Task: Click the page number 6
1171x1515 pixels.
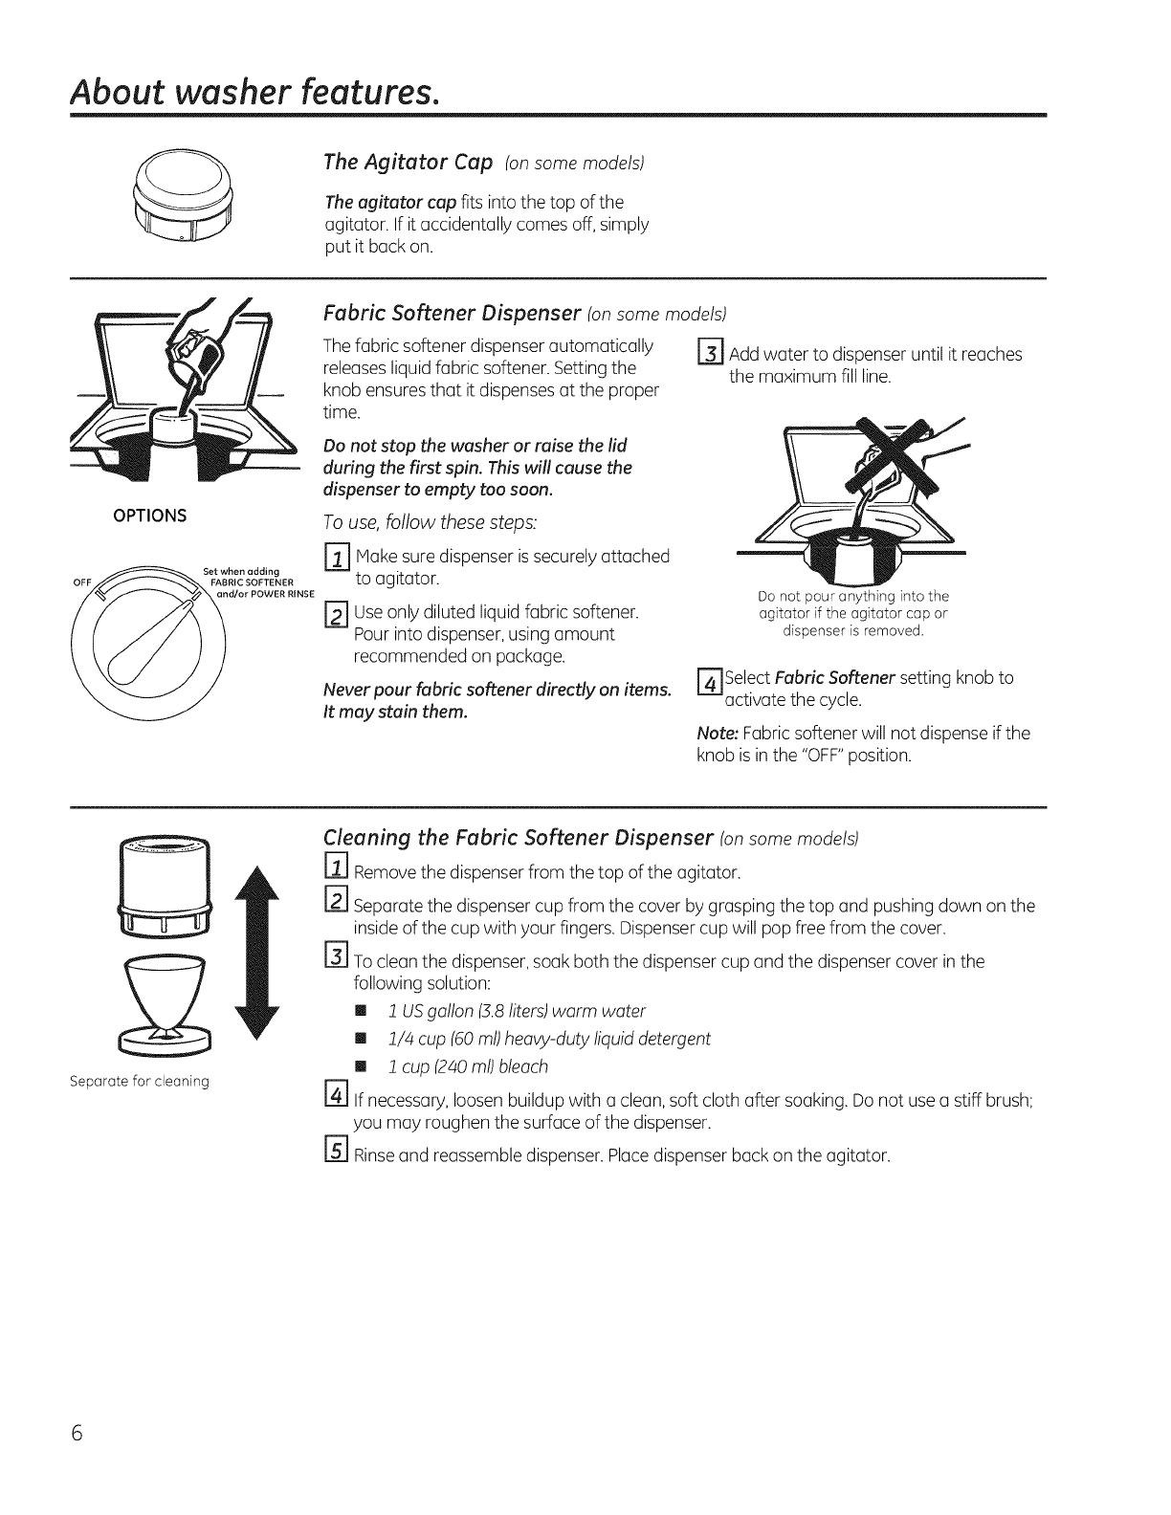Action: point(77,1435)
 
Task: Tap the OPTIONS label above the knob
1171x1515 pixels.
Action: point(149,515)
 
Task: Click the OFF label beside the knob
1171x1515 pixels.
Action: point(81,582)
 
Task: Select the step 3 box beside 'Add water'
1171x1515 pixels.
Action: point(711,355)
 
